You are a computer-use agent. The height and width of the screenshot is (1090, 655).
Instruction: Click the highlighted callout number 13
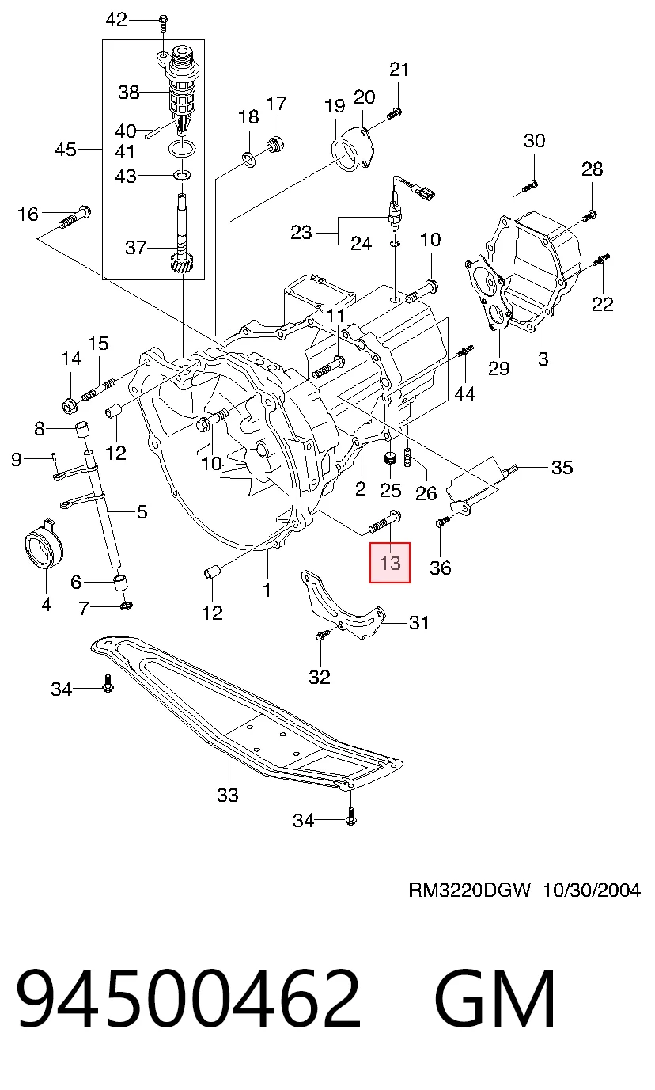tap(390, 563)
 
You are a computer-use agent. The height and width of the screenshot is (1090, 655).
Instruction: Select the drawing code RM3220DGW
tap(469, 890)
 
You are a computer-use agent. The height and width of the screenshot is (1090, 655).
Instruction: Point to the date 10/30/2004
tap(591, 890)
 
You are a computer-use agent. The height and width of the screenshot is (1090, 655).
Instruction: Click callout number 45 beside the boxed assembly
tap(66, 149)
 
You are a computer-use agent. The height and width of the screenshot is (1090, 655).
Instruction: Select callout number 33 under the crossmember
tap(228, 795)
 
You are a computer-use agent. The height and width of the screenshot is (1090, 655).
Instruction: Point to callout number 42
tap(116, 20)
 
